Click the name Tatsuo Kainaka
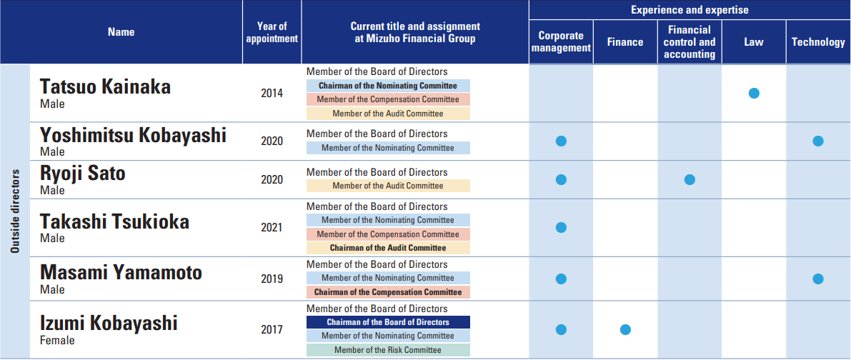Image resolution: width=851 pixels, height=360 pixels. (x=105, y=87)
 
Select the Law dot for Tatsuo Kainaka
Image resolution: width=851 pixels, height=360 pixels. (x=754, y=93)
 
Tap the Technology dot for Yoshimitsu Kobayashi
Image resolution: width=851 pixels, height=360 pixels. (x=818, y=141)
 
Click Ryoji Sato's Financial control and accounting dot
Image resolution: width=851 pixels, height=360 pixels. (x=690, y=180)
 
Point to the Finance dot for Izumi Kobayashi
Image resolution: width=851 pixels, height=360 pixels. (x=625, y=330)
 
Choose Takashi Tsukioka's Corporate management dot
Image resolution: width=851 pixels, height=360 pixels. (x=561, y=227)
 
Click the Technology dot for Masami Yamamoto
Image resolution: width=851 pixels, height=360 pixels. (x=818, y=279)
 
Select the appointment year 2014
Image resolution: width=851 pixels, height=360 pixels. (x=272, y=93)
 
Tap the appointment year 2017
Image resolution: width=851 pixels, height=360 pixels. (x=272, y=330)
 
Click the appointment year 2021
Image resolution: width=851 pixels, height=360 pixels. (x=272, y=227)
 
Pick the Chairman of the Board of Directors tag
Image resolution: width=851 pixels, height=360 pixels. (x=388, y=322)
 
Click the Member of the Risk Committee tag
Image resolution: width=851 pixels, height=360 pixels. (x=388, y=350)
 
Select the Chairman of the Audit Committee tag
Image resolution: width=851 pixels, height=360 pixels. (x=388, y=248)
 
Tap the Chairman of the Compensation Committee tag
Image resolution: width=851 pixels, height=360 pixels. (x=388, y=292)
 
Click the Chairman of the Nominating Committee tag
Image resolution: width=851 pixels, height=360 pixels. (x=388, y=86)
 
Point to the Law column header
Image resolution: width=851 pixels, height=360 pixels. (x=754, y=42)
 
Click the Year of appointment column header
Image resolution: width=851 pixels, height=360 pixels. (x=272, y=32)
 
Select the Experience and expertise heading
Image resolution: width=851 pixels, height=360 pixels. (x=690, y=10)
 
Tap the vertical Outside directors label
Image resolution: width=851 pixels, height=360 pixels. (x=15, y=211)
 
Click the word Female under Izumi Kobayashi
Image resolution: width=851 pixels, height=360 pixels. (x=57, y=341)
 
